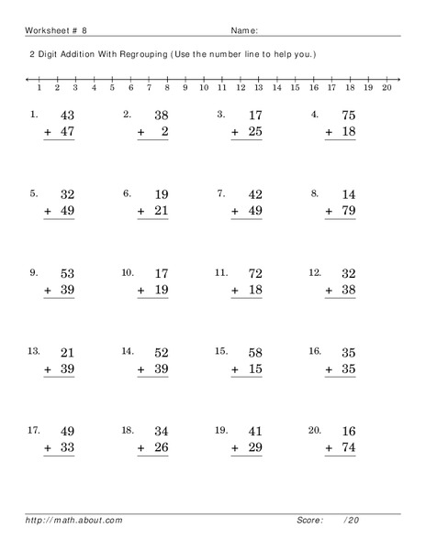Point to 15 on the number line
coord(295,89)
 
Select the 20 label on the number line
coord(386,89)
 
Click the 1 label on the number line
coord(39,89)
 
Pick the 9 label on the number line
coord(185,89)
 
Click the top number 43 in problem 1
coord(66,116)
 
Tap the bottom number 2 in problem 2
coord(165,134)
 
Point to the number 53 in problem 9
coord(66,274)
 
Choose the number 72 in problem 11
coord(254,274)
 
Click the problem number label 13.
coord(34,350)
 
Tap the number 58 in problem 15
coord(254,353)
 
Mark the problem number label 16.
coord(315,350)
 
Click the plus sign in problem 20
coord(330,448)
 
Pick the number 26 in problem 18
coord(160,448)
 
